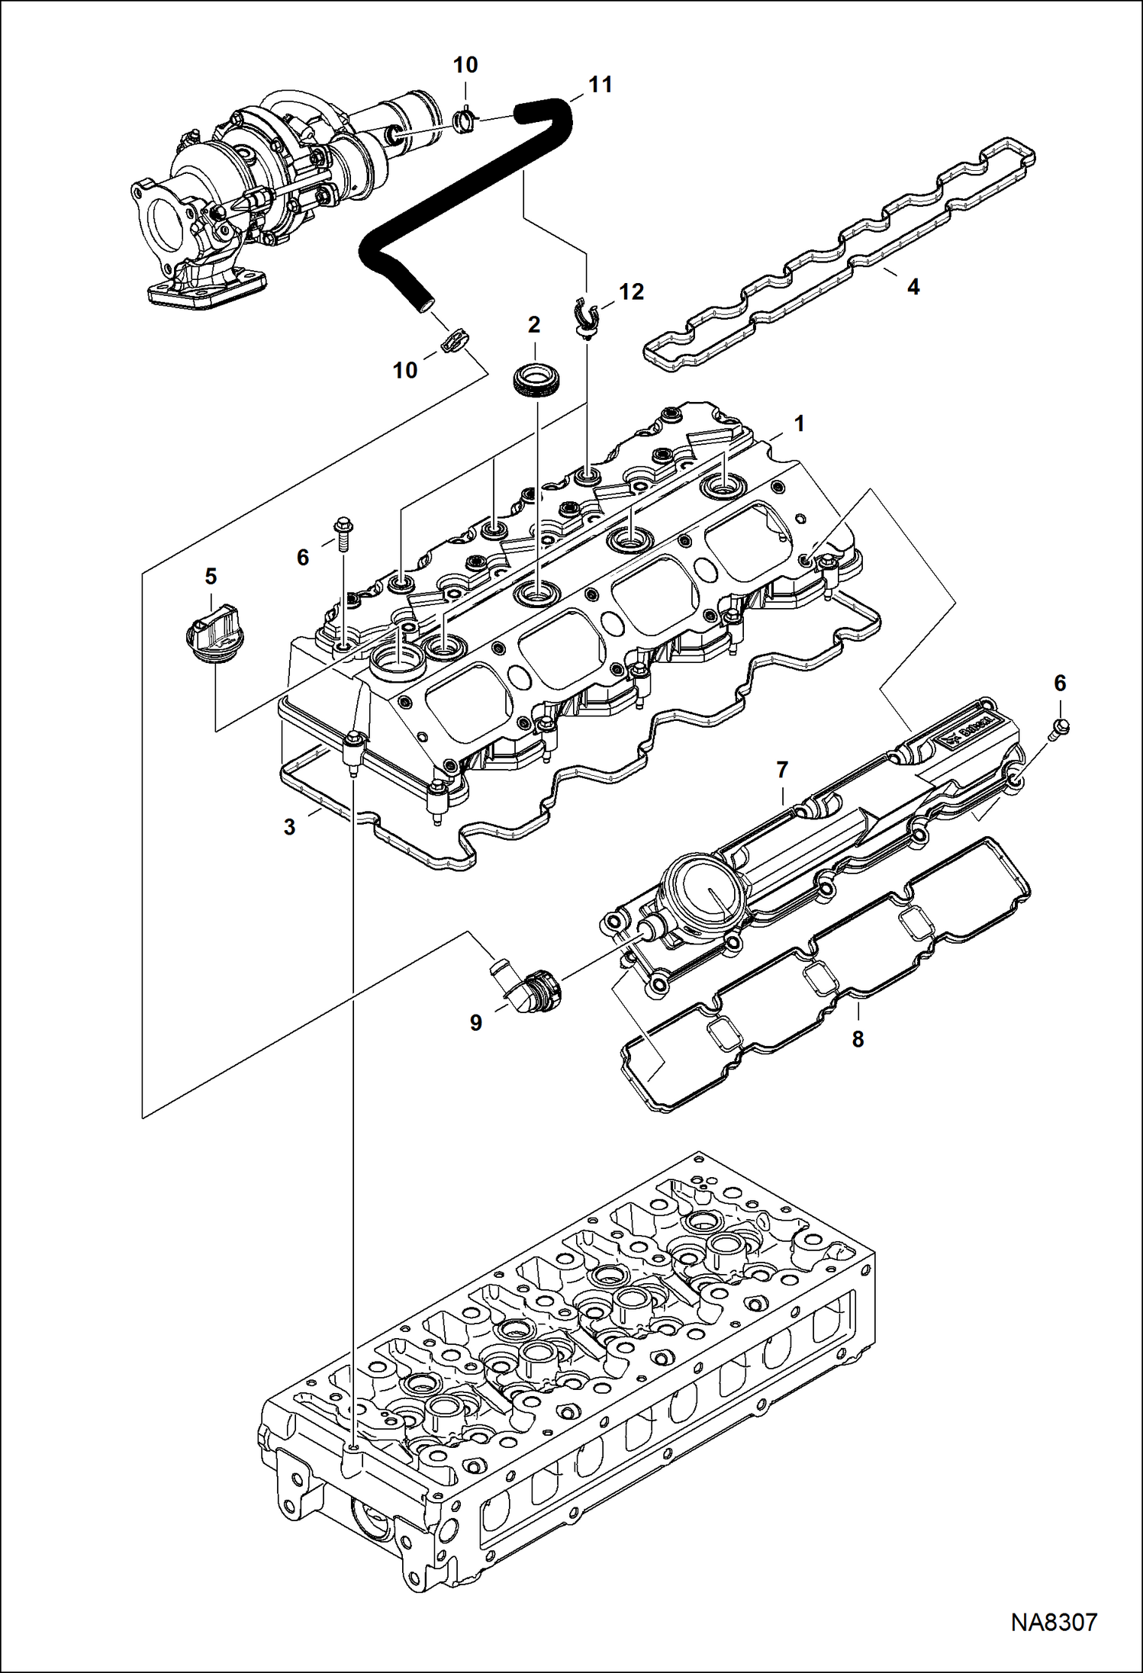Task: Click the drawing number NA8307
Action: pos(1054,1622)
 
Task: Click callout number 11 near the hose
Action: pos(600,85)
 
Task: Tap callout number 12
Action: pos(631,291)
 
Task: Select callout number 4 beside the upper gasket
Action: pos(913,288)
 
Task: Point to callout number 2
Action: pos(533,325)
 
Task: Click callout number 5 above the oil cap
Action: pos(211,576)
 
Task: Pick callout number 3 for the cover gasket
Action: pos(289,827)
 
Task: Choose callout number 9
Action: pos(475,1023)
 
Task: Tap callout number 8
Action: pos(858,1038)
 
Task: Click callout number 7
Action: pos(781,770)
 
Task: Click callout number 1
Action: pos(799,423)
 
